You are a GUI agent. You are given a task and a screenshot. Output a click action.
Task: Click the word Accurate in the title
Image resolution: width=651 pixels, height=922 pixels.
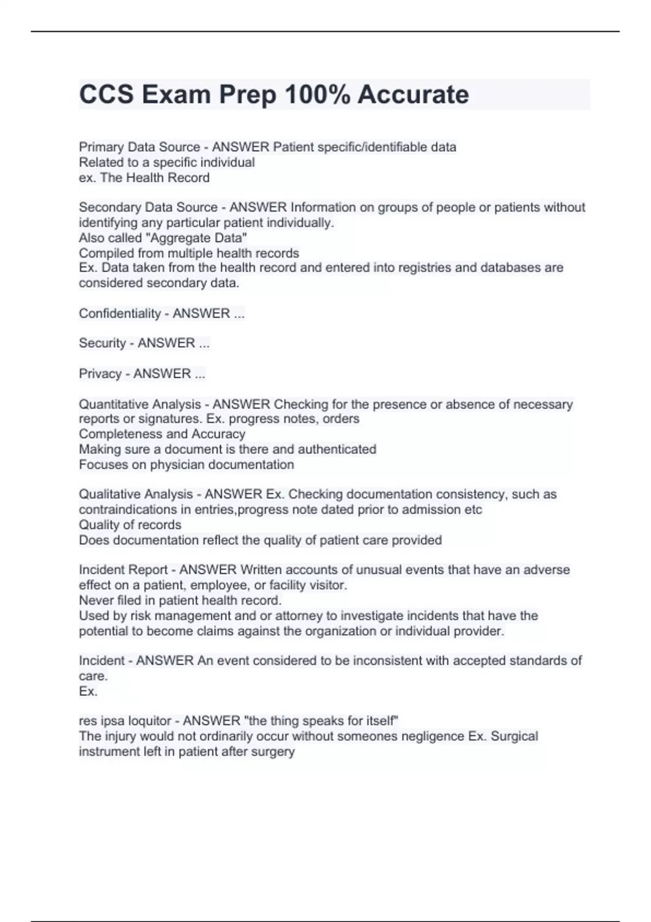tap(413, 94)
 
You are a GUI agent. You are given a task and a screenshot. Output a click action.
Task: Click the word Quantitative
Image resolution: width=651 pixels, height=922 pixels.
tap(113, 404)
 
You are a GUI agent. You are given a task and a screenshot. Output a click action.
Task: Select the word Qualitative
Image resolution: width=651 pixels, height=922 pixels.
tap(109, 494)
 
